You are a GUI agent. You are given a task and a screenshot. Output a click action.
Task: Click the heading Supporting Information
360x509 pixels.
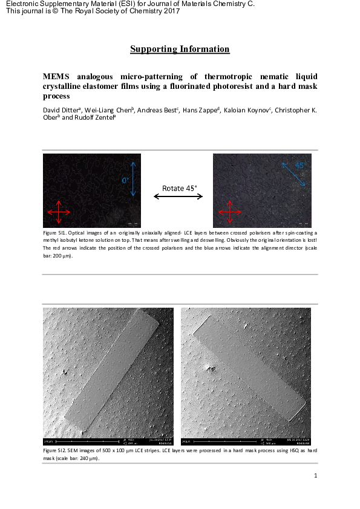click(180, 49)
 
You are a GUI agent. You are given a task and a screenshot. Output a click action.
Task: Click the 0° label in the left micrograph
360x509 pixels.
click(125, 180)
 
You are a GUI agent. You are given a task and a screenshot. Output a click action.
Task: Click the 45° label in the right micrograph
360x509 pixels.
click(299, 165)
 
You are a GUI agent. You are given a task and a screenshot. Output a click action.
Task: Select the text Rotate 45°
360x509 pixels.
click(180, 187)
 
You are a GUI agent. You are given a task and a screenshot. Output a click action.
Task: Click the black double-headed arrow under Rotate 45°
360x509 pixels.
click(180, 196)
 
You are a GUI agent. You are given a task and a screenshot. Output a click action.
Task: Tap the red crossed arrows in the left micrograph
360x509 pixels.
click(58, 213)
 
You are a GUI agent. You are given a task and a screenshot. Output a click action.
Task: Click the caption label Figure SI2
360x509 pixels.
click(57, 451)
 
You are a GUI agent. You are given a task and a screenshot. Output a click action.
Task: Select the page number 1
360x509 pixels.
click(316, 476)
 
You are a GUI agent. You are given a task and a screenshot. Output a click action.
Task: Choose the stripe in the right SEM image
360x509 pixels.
click(252, 368)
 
